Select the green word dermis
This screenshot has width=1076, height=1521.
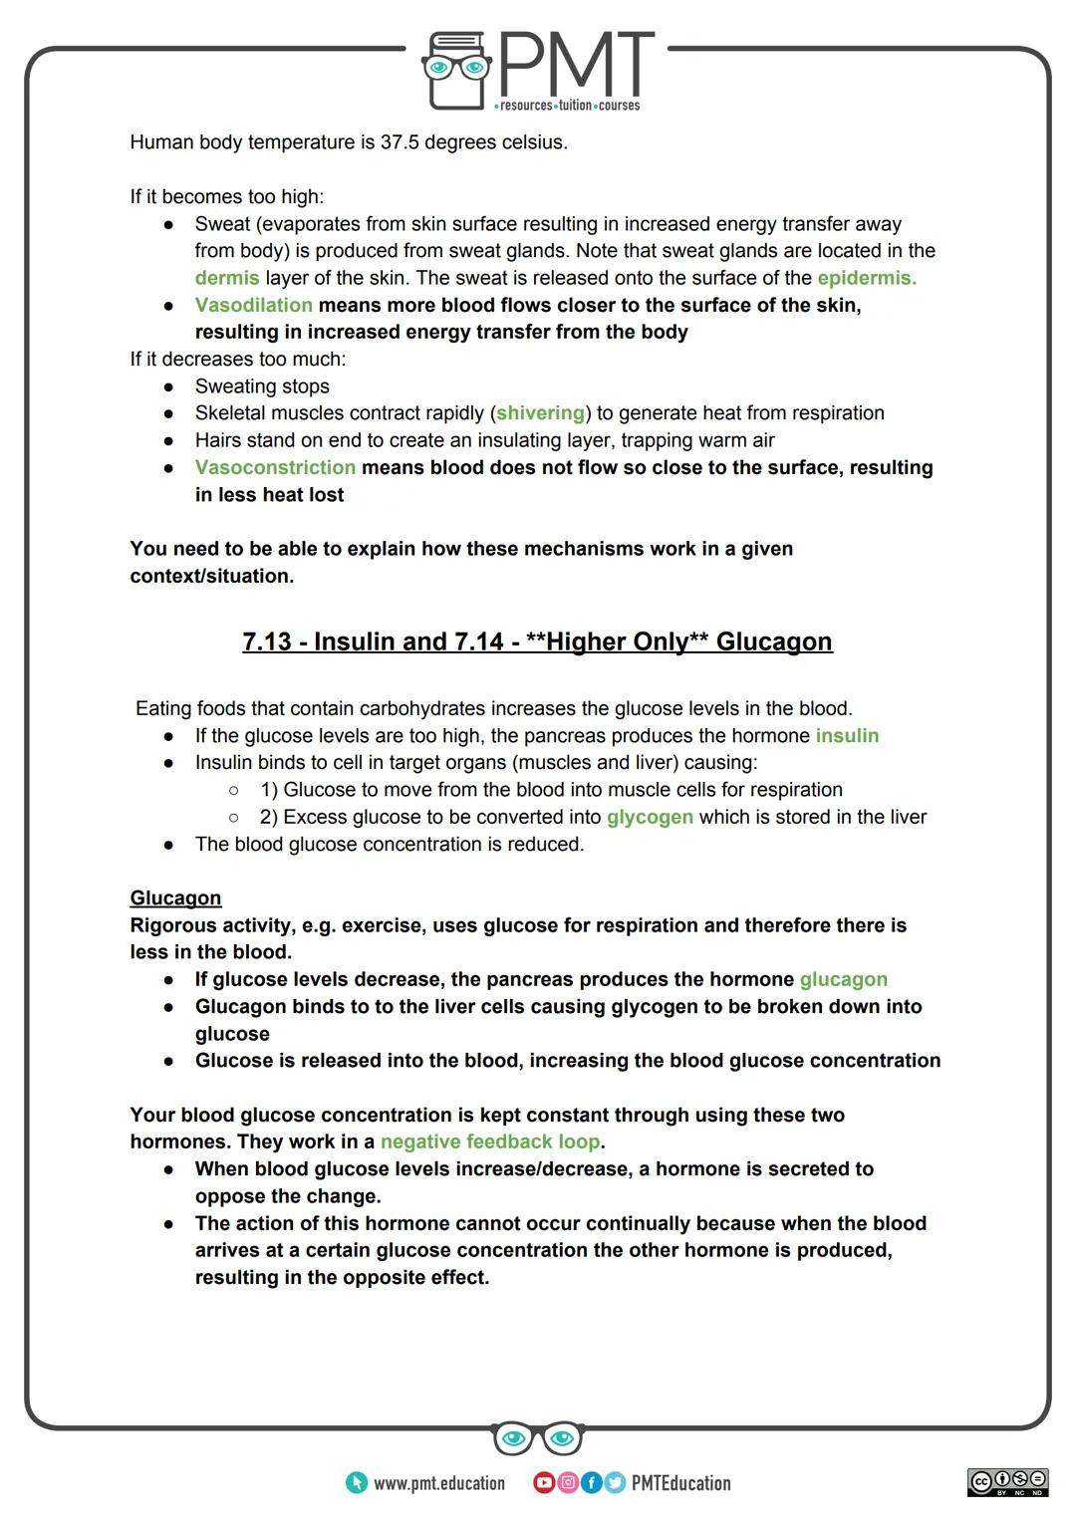click(227, 278)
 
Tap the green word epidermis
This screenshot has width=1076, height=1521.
click(866, 278)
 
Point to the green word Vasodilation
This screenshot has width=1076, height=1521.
click(253, 305)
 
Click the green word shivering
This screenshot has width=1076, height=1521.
click(540, 412)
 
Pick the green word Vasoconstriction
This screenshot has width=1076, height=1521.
click(275, 467)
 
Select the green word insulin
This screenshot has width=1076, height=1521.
click(847, 735)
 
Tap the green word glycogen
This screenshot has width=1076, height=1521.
click(650, 817)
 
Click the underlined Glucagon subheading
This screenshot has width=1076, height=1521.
click(175, 897)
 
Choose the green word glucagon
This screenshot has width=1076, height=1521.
click(843, 979)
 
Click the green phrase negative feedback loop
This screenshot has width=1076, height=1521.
click(490, 1141)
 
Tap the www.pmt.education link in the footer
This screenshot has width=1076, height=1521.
click(438, 1483)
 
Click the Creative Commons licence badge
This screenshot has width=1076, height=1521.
click(1007, 1481)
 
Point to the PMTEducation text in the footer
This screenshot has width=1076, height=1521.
click(680, 1483)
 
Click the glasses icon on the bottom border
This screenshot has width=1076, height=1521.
click(537, 1438)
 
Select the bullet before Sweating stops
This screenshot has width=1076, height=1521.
click(169, 386)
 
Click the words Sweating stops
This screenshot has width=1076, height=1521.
click(262, 386)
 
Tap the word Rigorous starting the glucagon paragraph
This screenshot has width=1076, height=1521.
click(172, 925)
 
